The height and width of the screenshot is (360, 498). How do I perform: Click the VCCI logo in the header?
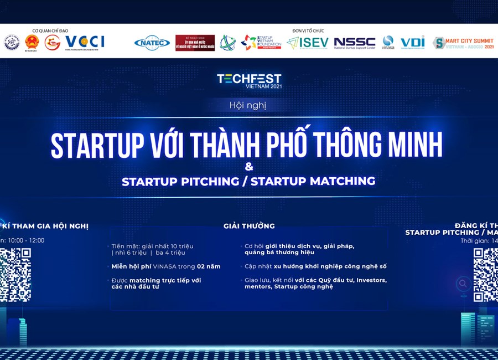click(x=85, y=42)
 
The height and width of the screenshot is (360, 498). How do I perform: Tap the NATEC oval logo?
click(x=152, y=43)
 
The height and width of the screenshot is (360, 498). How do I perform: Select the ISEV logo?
click(x=308, y=43)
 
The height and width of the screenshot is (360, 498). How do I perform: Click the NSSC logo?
click(x=355, y=43)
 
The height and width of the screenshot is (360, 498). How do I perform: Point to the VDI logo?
click(x=412, y=42)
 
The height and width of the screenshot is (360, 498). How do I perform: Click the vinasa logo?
click(x=388, y=43)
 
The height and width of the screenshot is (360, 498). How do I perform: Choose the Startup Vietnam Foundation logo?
click(x=261, y=42)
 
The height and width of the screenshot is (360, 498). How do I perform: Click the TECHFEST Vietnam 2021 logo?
click(x=249, y=80)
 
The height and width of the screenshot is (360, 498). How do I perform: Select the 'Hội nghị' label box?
click(x=248, y=105)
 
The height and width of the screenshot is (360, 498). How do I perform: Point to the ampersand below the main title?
click(x=249, y=166)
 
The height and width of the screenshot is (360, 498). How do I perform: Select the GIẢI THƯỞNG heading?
click(x=249, y=226)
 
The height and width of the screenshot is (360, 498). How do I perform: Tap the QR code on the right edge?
click(x=485, y=275)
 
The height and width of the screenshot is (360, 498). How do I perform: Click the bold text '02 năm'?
click(x=209, y=266)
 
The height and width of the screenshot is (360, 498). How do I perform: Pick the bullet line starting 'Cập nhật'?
click(x=315, y=266)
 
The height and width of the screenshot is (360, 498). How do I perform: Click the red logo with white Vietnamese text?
click(x=195, y=43)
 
